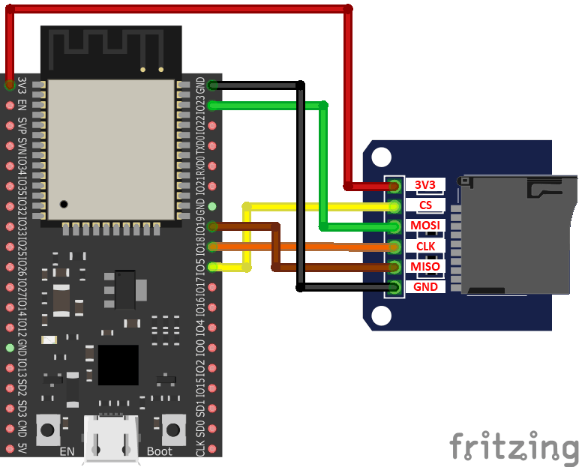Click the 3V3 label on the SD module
pyautogui.click(x=425, y=184)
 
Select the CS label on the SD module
pyautogui.click(x=425, y=205)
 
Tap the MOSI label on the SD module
pyautogui.click(x=425, y=226)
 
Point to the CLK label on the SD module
pyautogui.click(x=425, y=246)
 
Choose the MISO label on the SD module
pyautogui.click(x=425, y=266)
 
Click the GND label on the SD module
pyautogui.click(x=425, y=286)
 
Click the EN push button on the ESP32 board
pyautogui.click(x=49, y=430)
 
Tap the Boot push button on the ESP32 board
pyautogui.click(x=173, y=430)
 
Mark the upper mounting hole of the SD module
pyautogui.click(x=381, y=157)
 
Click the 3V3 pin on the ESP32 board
pyautogui.click(x=9, y=85)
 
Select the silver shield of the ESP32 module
pyautogui.click(x=111, y=149)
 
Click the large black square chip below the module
pyautogui.click(x=118, y=365)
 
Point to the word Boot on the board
pyautogui.click(x=159, y=451)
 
